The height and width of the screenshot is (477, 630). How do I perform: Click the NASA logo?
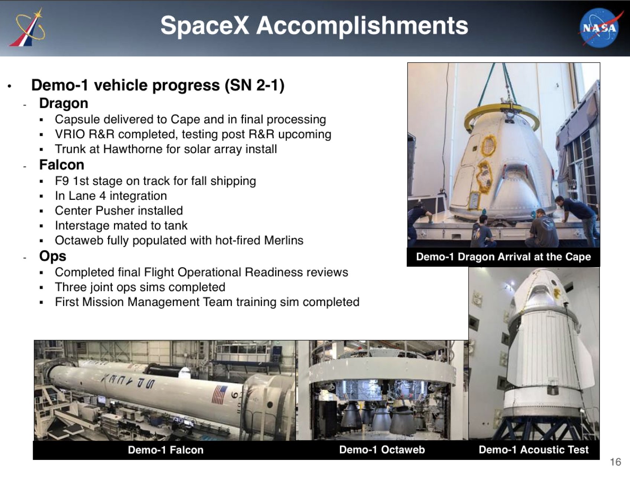pyautogui.click(x=599, y=28)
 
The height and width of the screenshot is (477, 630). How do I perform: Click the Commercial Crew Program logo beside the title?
pyautogui.click(x=28, y=28)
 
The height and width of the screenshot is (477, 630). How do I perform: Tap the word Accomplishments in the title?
pyautogui.click(x=362, y=26)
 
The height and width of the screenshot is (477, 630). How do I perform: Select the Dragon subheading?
pyautogui.click(x=64, y=103)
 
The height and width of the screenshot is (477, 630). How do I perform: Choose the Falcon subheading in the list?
pyautogui.click(x=62, y=165)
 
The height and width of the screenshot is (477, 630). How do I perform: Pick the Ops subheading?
pyautogui.click(x=53, y=256)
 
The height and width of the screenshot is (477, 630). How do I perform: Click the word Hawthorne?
pyautogui.click(x=133, y=149)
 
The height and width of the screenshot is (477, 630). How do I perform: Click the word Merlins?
pyautogui.click(x=284, y=240)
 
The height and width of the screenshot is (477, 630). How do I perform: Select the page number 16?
pyautogui.click(x=616, y=462)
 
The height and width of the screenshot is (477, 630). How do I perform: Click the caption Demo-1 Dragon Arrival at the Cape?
pyautogui.click(x=503, y=257)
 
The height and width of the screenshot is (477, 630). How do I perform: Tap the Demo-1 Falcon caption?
pyautogui.click(x=166, y=450)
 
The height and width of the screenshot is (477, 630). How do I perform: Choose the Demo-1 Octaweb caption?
pyautogui.click(x=382, y=450)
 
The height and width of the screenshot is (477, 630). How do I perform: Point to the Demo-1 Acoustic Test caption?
pyautogui.click(x=534, y=450)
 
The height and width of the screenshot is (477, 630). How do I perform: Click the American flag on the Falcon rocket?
pyautogui.click(x=220, y=395)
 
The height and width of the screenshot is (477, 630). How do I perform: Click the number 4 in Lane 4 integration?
pyautogui.click(x=102, y=196)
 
